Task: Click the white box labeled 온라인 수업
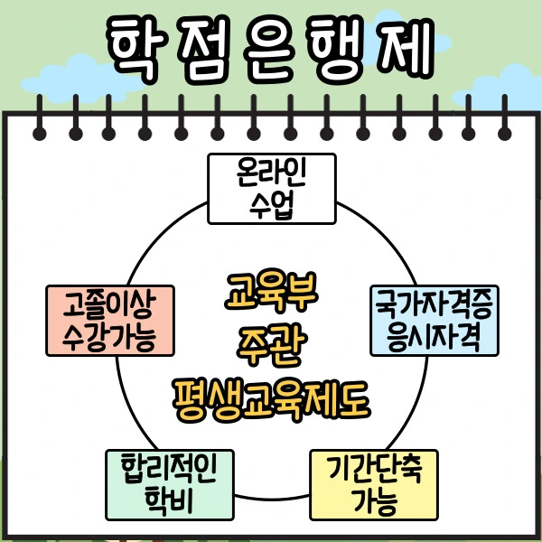[271, 188]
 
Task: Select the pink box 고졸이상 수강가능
[109, 321]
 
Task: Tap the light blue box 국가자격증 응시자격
[435, 321]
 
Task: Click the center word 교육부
[270, 294]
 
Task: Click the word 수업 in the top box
[271, 204]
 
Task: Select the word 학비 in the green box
[171, 500]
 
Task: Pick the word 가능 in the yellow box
[374, 500]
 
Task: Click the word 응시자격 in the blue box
[435, 338]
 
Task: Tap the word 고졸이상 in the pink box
[109, 305]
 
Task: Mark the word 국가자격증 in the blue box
[435, 305]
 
